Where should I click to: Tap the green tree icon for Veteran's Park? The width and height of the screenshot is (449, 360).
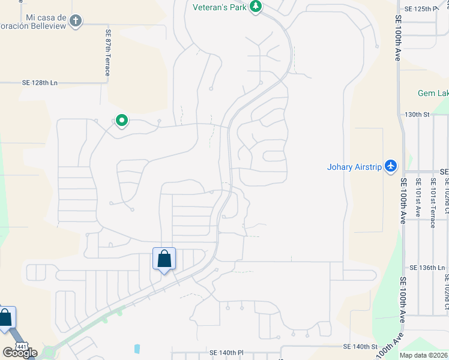(256, 7)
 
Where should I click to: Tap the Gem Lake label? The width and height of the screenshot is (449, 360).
(433, 93)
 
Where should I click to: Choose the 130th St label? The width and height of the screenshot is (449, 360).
(417, 114)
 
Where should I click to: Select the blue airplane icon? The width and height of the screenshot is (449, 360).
(391, 165)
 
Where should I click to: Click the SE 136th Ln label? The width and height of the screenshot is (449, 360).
(427, 268)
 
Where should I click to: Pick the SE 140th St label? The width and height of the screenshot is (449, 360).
(360, 347)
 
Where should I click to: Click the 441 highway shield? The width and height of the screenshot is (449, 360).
(22, 346)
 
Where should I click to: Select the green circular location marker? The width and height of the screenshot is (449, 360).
(122, 121)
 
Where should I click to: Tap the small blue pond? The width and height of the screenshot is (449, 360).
(137, 349)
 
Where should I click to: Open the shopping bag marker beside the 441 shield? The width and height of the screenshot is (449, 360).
(5, 318)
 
